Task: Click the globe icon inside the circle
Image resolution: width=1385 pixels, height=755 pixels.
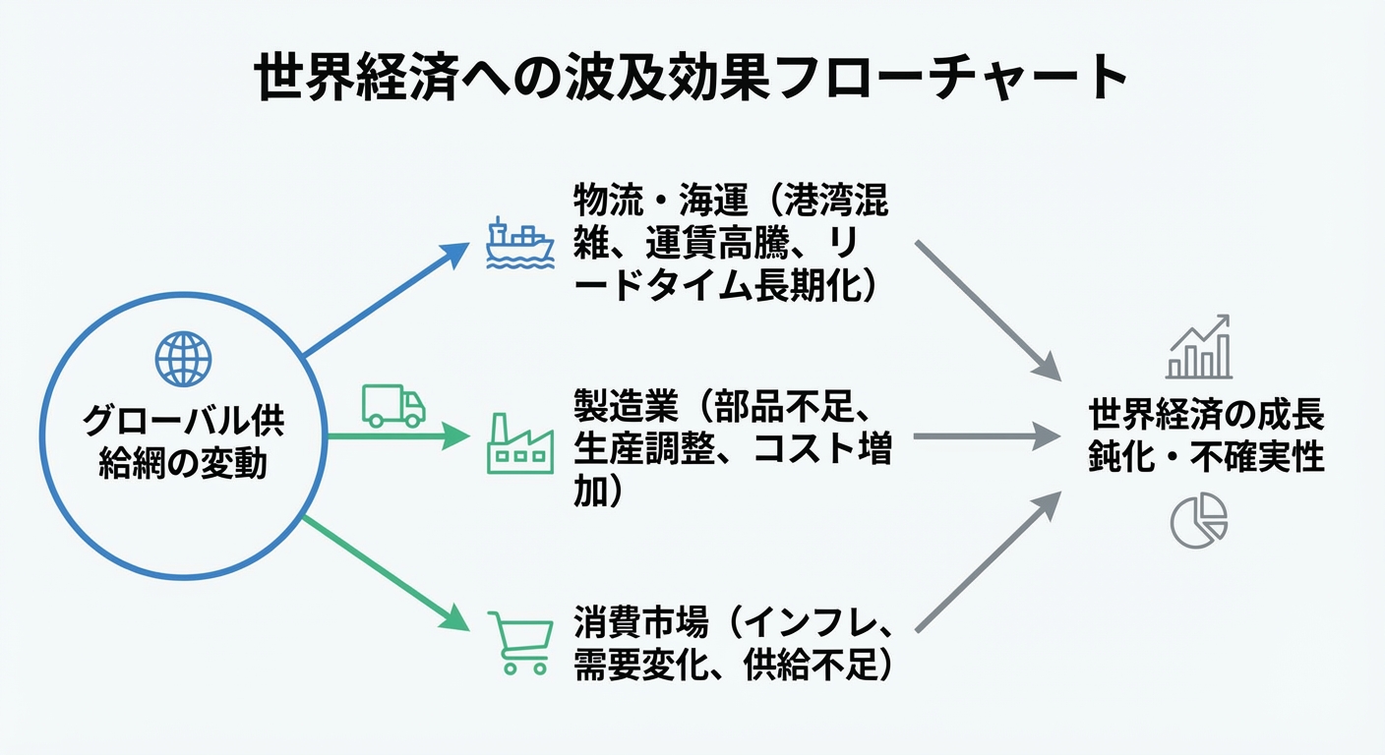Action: point(183,360)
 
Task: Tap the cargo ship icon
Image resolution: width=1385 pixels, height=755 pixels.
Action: point(520,243)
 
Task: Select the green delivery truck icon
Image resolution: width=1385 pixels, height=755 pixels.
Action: point(393,404)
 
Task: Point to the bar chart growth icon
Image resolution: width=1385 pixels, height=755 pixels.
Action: point(1199,348)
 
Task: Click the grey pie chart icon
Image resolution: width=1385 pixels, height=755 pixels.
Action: point(1199,520)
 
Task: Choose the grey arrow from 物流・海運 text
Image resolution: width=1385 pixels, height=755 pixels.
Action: point(988,310)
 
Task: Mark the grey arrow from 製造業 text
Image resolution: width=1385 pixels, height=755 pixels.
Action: point(987,436)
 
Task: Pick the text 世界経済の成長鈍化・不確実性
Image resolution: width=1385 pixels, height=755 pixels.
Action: point(1206,436)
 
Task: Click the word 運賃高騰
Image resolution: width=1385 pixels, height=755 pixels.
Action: point(703,244)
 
